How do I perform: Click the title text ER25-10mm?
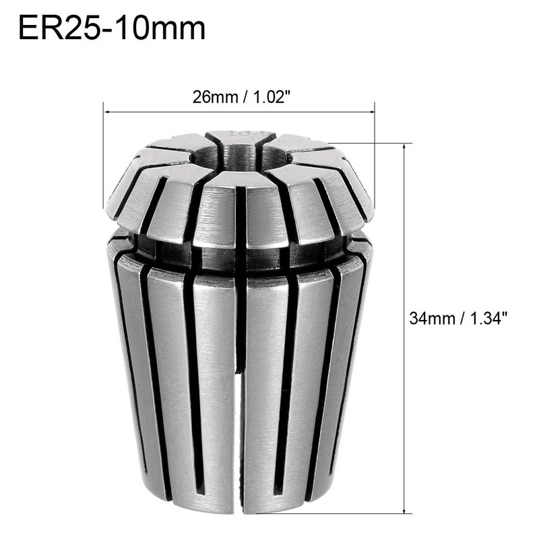[111, 29]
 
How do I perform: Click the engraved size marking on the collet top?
[239, 135]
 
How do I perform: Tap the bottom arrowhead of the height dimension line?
[404, 511]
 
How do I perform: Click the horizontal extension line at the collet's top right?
[371, 143]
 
